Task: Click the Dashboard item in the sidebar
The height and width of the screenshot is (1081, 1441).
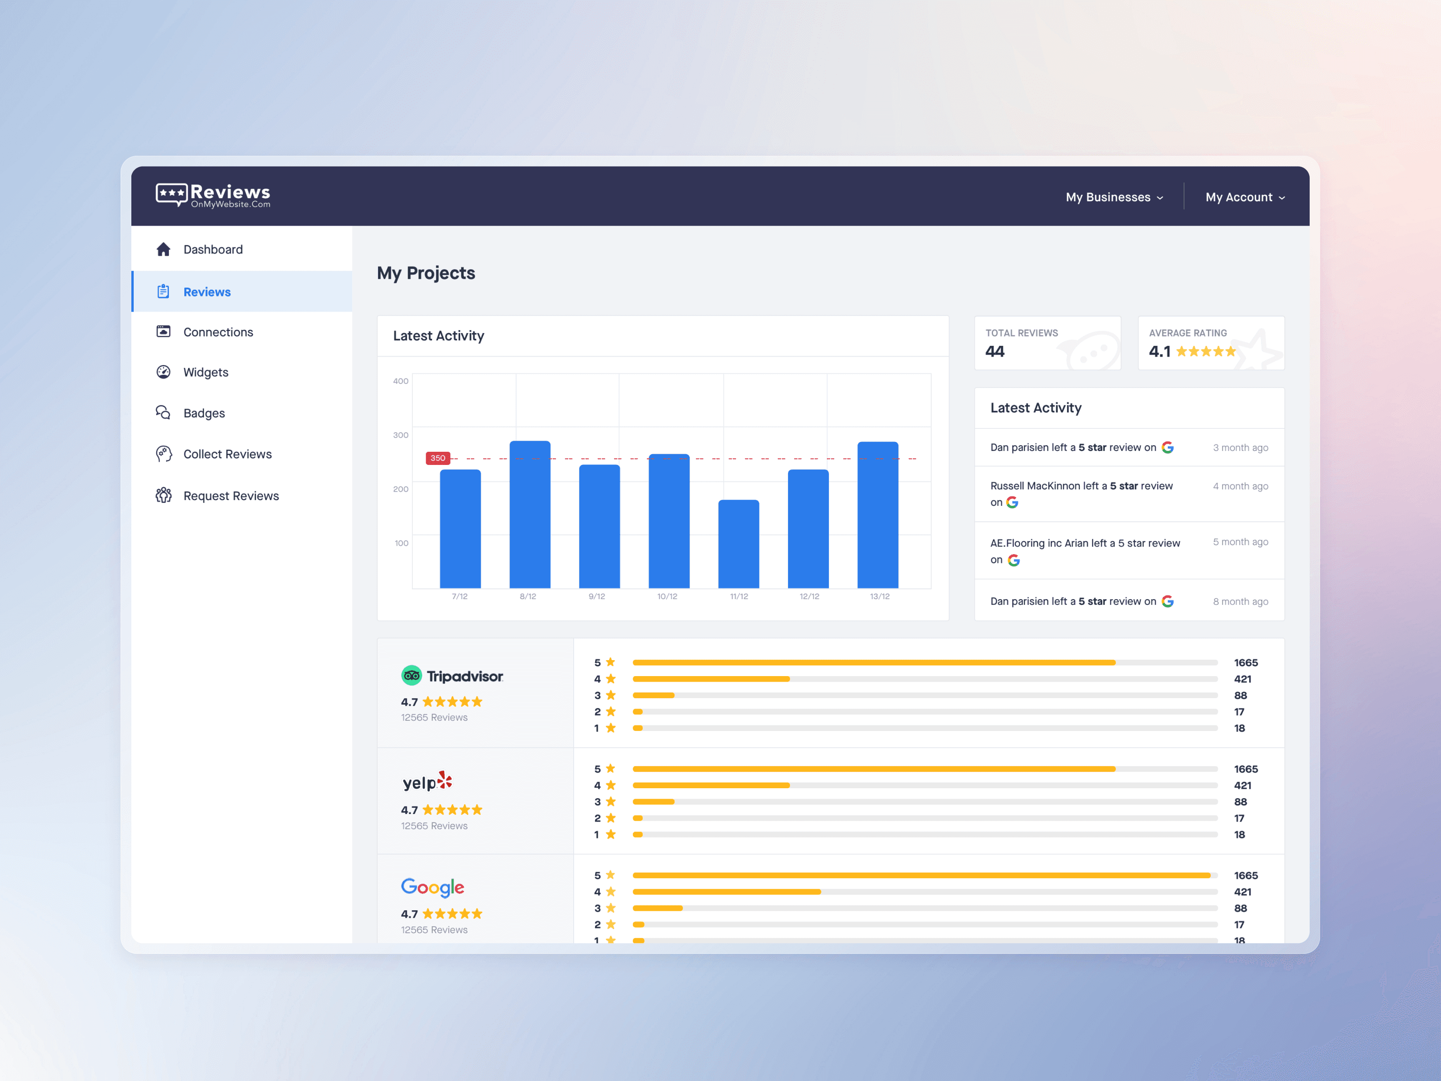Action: [212, 250]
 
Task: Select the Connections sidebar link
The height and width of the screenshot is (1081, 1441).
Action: [218, 332]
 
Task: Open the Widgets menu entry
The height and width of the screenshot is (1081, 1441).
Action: [205, 372]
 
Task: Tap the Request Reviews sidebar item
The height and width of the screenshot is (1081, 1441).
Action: [231, 496]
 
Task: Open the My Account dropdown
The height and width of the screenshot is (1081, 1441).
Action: [1244, 197]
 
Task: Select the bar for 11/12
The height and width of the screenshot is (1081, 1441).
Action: [738, 544]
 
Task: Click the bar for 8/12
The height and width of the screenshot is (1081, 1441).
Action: [530, 515]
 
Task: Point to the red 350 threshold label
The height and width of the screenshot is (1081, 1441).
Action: [438, 458]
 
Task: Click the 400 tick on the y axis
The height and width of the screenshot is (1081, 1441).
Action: [401, 381]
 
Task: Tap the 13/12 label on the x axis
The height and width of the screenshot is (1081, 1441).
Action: [880, 596]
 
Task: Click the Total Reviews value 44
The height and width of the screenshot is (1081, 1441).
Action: [995, 352]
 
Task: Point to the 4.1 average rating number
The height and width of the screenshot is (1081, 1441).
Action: [1159, 352]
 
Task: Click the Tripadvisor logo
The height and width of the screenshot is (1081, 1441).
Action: [452, 676]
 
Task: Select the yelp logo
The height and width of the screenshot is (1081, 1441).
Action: [427, 781]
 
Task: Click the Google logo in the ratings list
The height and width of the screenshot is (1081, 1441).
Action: [432, 887]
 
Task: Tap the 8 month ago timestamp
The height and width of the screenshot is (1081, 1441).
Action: [1240, 601]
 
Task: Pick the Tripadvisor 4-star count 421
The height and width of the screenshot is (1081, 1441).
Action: [1242, 679]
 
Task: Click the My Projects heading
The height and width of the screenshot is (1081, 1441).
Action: [426, 273]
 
